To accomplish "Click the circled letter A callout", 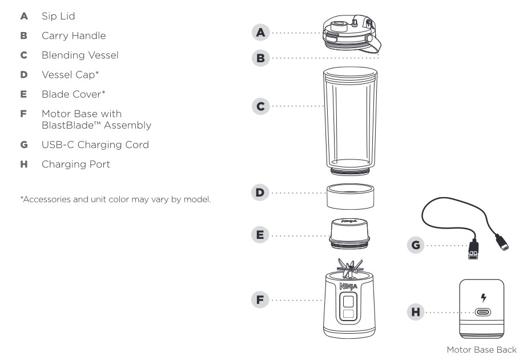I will pyautogui.click(x=262, y=33).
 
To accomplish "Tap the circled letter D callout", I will pyautogui.click(x=262, y=194).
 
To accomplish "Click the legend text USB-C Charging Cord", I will pyautogui.click(x=95, y=145).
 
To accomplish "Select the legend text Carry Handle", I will pyautogui.click(x=73, y=35).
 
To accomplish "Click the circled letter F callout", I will pyautogui.click(x=262, y=299).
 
